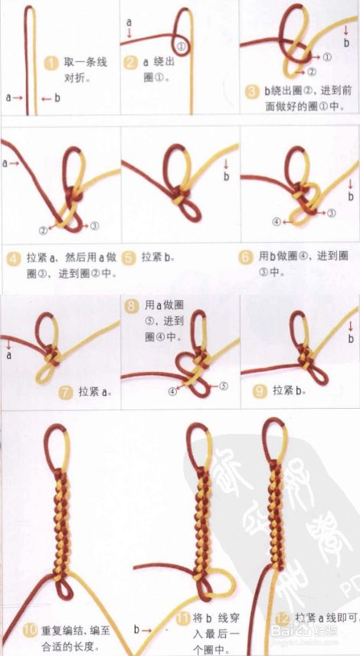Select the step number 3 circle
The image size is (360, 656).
click(253, 91)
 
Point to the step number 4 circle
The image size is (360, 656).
click(13, 258)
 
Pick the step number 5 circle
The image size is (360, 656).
click(131, 258)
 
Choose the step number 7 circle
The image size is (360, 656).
click(67, 393)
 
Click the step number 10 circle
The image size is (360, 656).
click(29, 631)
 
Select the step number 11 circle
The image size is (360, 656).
click(182, 618)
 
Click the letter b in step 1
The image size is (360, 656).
click(57, 98)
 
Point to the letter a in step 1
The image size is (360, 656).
click(9, 98)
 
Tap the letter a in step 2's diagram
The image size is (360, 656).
click(129, 21)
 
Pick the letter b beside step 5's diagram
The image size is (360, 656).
click(226, 177)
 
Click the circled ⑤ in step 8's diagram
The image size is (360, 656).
click(224, 387)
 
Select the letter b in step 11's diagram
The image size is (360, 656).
click(136, 630)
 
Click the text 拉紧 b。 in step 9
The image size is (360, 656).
click(290, 390)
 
